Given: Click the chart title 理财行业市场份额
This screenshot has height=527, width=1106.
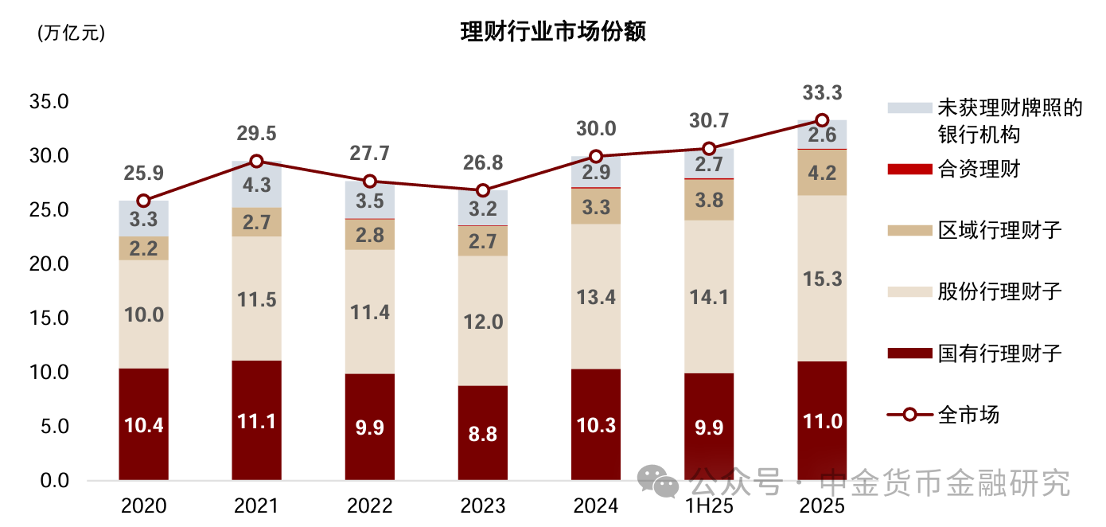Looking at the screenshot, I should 553,32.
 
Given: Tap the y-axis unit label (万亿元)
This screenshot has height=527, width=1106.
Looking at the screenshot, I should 71,33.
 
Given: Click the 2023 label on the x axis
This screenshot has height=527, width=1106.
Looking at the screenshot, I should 482,506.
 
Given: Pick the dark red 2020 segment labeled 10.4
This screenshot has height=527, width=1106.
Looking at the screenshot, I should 144,424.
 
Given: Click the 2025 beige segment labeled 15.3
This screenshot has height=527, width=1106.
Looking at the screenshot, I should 823,279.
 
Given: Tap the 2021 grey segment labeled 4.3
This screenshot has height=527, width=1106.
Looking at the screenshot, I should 256,185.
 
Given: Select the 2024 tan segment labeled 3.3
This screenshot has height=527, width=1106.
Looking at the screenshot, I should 596,207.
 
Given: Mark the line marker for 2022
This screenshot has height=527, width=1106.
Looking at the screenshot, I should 369,182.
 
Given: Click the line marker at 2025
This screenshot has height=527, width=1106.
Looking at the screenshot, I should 823,120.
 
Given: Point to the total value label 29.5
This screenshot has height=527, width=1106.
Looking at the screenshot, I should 256,133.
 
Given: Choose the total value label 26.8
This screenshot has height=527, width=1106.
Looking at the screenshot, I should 482,163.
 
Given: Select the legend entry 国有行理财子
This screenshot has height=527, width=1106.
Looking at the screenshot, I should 999,353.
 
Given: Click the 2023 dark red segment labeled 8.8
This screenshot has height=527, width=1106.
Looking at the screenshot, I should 482,433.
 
